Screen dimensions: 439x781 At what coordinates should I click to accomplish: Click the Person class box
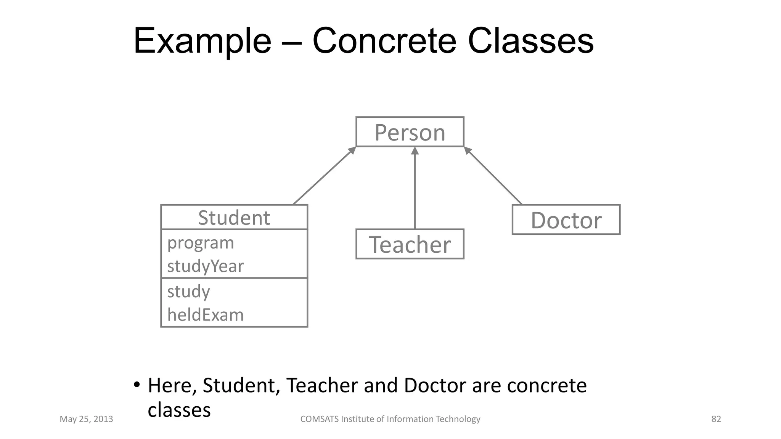pos(410,132)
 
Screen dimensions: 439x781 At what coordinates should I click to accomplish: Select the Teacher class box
pos(410,244)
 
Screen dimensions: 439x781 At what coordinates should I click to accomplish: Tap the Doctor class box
pos(566,220)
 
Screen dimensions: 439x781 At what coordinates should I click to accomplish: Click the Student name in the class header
pos(234,218)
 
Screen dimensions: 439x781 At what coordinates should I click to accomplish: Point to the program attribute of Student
pos(201,243)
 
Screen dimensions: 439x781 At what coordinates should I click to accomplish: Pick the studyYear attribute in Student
pos(205,266)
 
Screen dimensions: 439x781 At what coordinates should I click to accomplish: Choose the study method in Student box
pos(188,292)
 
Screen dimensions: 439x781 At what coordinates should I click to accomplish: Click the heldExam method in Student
pos(205,315)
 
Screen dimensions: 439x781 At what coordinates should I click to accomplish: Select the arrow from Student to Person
pos(324,176)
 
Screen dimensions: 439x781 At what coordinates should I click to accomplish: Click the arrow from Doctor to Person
pos(493,176)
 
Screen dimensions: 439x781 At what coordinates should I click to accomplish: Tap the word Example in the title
pos(202,41)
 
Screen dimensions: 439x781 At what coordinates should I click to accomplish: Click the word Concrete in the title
pos(384,41)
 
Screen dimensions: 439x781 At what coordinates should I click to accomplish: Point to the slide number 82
pos(716,419)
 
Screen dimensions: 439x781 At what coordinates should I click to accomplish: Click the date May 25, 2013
pos(86,419)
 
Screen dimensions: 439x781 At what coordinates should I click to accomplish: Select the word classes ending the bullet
pos(179,410)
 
